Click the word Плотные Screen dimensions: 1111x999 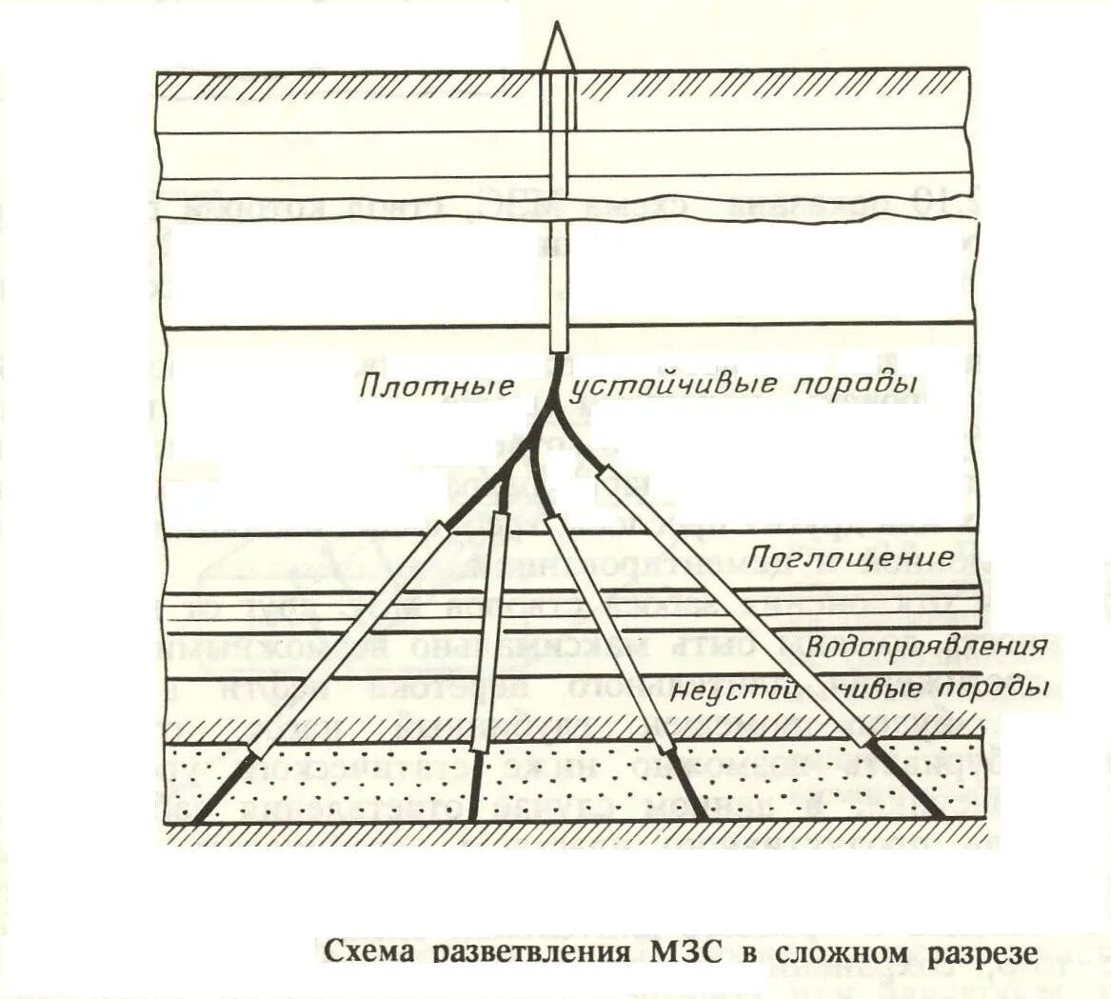[438, 388]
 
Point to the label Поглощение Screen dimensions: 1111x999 [850, 557]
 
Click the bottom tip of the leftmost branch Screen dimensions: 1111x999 [197, 819]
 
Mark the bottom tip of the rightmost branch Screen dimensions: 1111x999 [941, 817]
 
